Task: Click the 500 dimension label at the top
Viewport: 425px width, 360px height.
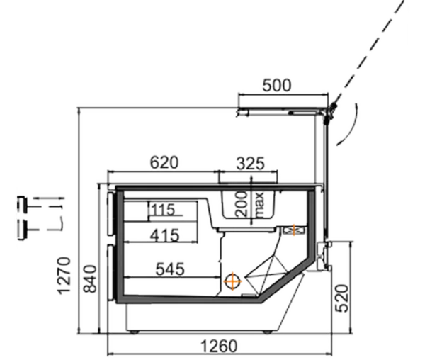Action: (x=277, y=85)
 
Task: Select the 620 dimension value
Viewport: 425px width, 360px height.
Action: (x=164, y=162)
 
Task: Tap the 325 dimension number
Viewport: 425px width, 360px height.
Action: (x=250, y=164)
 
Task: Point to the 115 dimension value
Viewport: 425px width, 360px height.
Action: (x=163, y=210)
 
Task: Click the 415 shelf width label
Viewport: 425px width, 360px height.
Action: (x=165, y=235)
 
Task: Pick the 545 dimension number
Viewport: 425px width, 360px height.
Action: (x=170, y=269)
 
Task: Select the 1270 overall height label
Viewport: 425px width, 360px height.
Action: (x=64, y=276)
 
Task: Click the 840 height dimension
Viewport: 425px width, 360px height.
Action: (x=90, y=279)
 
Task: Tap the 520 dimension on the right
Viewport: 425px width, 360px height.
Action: (x=342, y=298)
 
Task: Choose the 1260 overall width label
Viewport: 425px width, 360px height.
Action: (x=219, y=346)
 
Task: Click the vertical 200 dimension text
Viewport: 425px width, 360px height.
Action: (x=242, y=204)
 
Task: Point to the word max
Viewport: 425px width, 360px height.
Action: (x=259, y=205)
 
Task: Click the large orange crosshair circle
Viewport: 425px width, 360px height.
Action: (x=233, y=281)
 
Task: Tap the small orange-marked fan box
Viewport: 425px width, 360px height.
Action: (x=294, y=230)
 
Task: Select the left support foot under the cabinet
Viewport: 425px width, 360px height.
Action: (x=135, y=332)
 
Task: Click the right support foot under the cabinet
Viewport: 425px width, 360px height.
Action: (x=267, y=332)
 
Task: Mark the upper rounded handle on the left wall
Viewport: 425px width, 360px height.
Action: (x=111, y=213)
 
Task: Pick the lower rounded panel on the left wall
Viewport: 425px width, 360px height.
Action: (x=111, y=272)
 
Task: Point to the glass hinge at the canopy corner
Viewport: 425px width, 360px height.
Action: (x=331, y=111)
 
